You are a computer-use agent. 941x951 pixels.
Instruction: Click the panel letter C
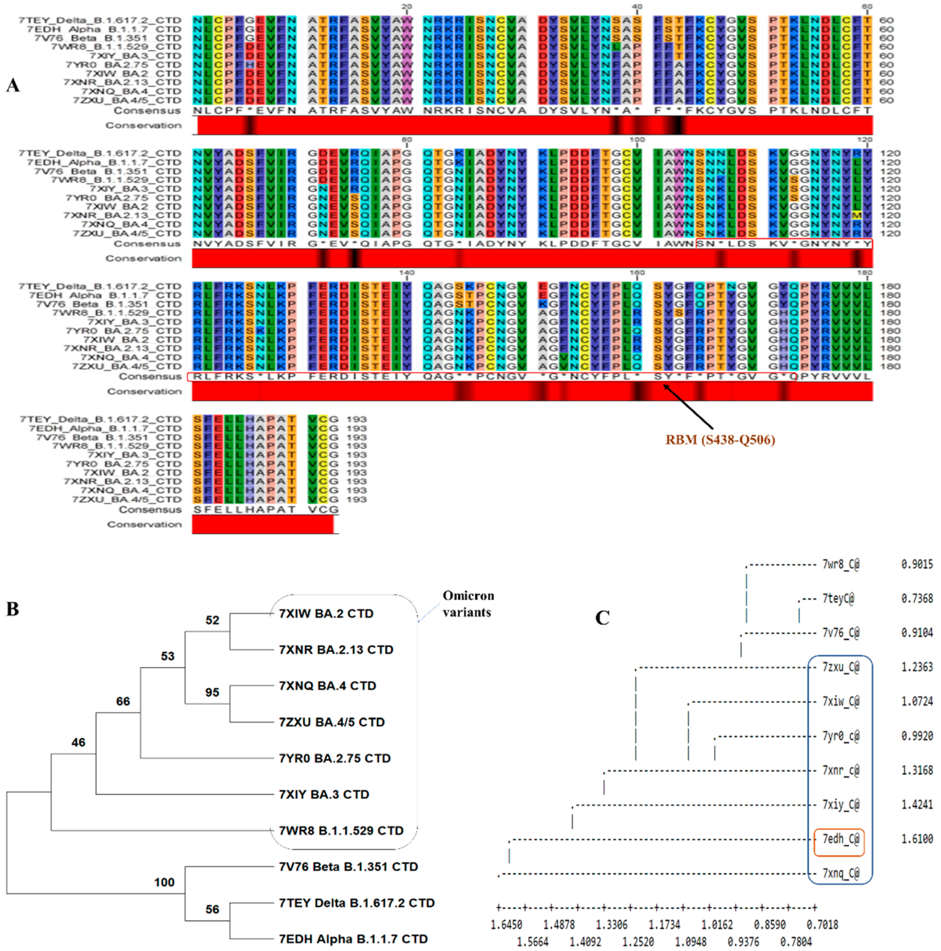point(603,617)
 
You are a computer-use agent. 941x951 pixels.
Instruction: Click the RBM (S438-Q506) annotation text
point(720,439)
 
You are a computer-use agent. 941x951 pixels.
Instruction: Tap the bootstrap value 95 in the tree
point(212,692)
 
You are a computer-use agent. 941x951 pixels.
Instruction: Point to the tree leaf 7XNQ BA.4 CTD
point(327,686)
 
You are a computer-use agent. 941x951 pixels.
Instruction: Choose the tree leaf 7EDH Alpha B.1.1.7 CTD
point(353,939)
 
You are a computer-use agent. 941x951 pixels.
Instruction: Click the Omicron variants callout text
point(468,604)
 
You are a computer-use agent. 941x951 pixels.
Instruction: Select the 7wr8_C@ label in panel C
point(840,565)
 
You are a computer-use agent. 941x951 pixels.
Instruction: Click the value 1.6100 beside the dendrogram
point(917,839)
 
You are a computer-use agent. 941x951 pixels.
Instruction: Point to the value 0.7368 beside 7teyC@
point(917,599)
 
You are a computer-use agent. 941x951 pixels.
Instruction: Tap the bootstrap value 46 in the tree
point(78,742)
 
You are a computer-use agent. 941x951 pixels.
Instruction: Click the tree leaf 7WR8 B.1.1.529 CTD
point(341,830)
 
